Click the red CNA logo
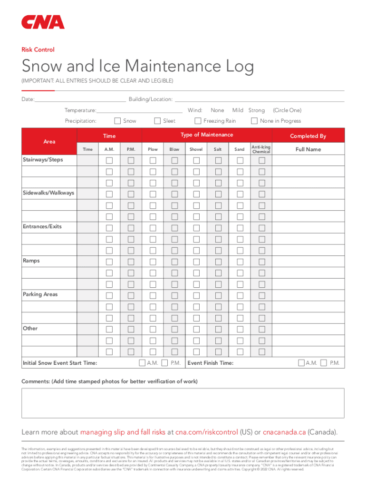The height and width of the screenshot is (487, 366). (43, 22)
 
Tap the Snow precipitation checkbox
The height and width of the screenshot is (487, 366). (118, 121)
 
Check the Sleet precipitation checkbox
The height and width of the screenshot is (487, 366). (158, 121)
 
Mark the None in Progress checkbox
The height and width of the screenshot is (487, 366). (254, 121)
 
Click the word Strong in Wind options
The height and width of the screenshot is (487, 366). (257, 110)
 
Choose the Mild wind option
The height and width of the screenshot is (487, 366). (238, 110)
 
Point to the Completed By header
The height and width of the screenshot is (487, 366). (308, 136)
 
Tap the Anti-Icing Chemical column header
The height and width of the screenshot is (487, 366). (261, 149)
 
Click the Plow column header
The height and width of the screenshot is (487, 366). (153, 149)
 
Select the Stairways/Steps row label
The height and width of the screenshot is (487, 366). (43, 160)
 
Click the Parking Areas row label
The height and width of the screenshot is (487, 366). (40, 294)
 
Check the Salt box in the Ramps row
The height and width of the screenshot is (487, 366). (218, 262)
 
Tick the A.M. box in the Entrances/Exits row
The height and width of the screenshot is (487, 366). (109, 227)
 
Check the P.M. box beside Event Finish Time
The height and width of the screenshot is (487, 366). (324, 363)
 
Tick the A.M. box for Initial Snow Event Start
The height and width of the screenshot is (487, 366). (142, 363)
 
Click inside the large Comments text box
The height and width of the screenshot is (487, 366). (183, 403)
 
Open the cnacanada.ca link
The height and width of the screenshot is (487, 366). (284, 432)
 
